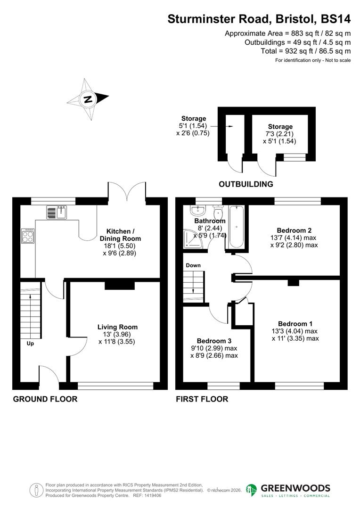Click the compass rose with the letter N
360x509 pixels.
[x=88, y=99]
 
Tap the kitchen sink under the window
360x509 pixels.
[x=57, y=213]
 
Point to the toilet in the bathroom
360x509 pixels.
[x=218, y=213]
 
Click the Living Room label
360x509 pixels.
[x=117, y=327]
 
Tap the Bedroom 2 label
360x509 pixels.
[x=294, y=230]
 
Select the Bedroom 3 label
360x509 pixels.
[x=214, y=341]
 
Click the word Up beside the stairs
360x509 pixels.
[x=30, y=344]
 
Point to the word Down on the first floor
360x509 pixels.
[x=193, y=265]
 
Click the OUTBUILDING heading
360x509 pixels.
[x=245, y=184]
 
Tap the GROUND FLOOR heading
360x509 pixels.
[x=45, y=399]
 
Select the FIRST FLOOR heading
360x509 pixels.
[x=202, y=399]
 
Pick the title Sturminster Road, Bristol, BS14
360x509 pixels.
[x=259, y=19]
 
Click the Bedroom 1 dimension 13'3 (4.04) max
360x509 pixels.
[x=295, y=331]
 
